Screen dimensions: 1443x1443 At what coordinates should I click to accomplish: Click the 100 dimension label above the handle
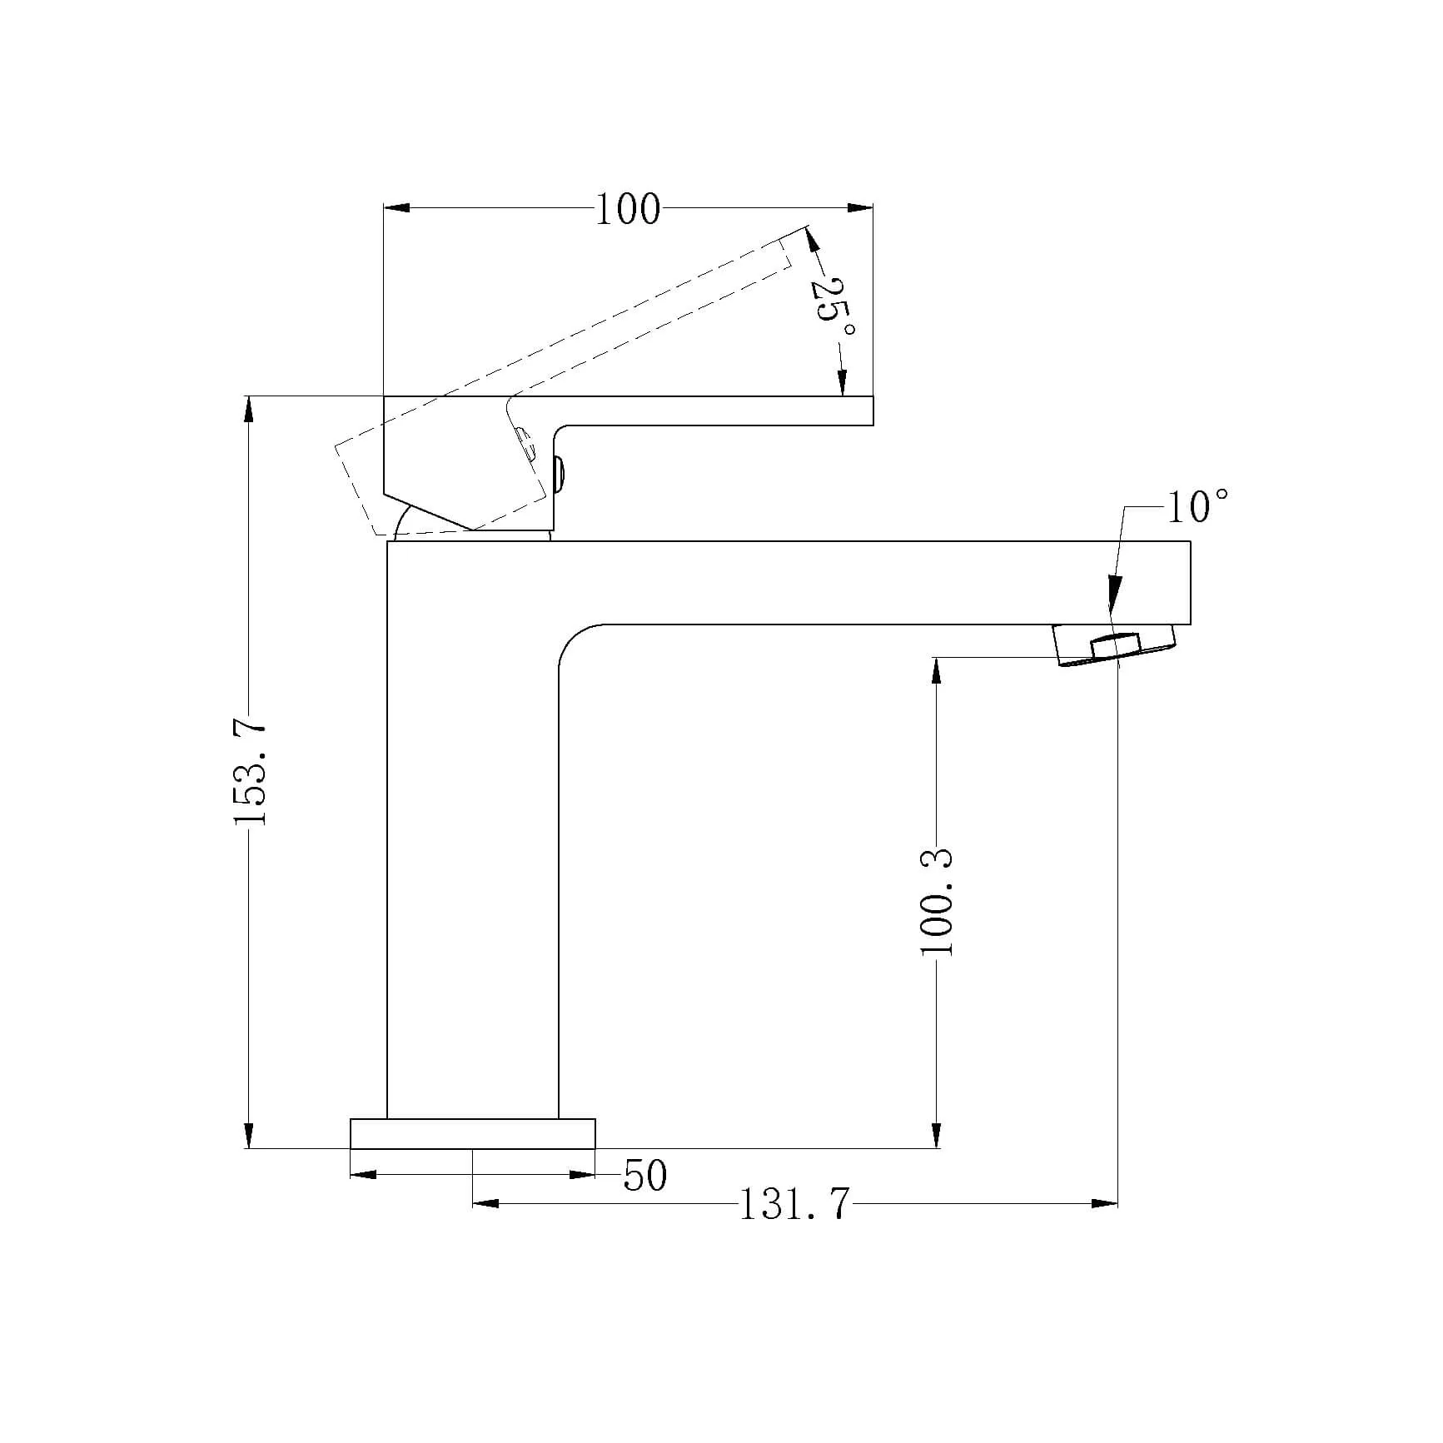tap(628, 210)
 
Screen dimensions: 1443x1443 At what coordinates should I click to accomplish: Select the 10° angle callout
tap(1197, 506)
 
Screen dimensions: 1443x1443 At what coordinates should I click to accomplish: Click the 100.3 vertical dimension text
tap(938, 903)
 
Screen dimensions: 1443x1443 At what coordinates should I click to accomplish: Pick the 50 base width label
tap(645, 1176)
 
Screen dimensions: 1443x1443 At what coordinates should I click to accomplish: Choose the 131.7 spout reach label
tap(795, 1204)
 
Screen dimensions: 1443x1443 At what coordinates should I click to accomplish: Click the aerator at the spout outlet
tap(1116, 645)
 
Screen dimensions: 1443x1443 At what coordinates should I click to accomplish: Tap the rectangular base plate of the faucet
tap(473, 1134)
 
